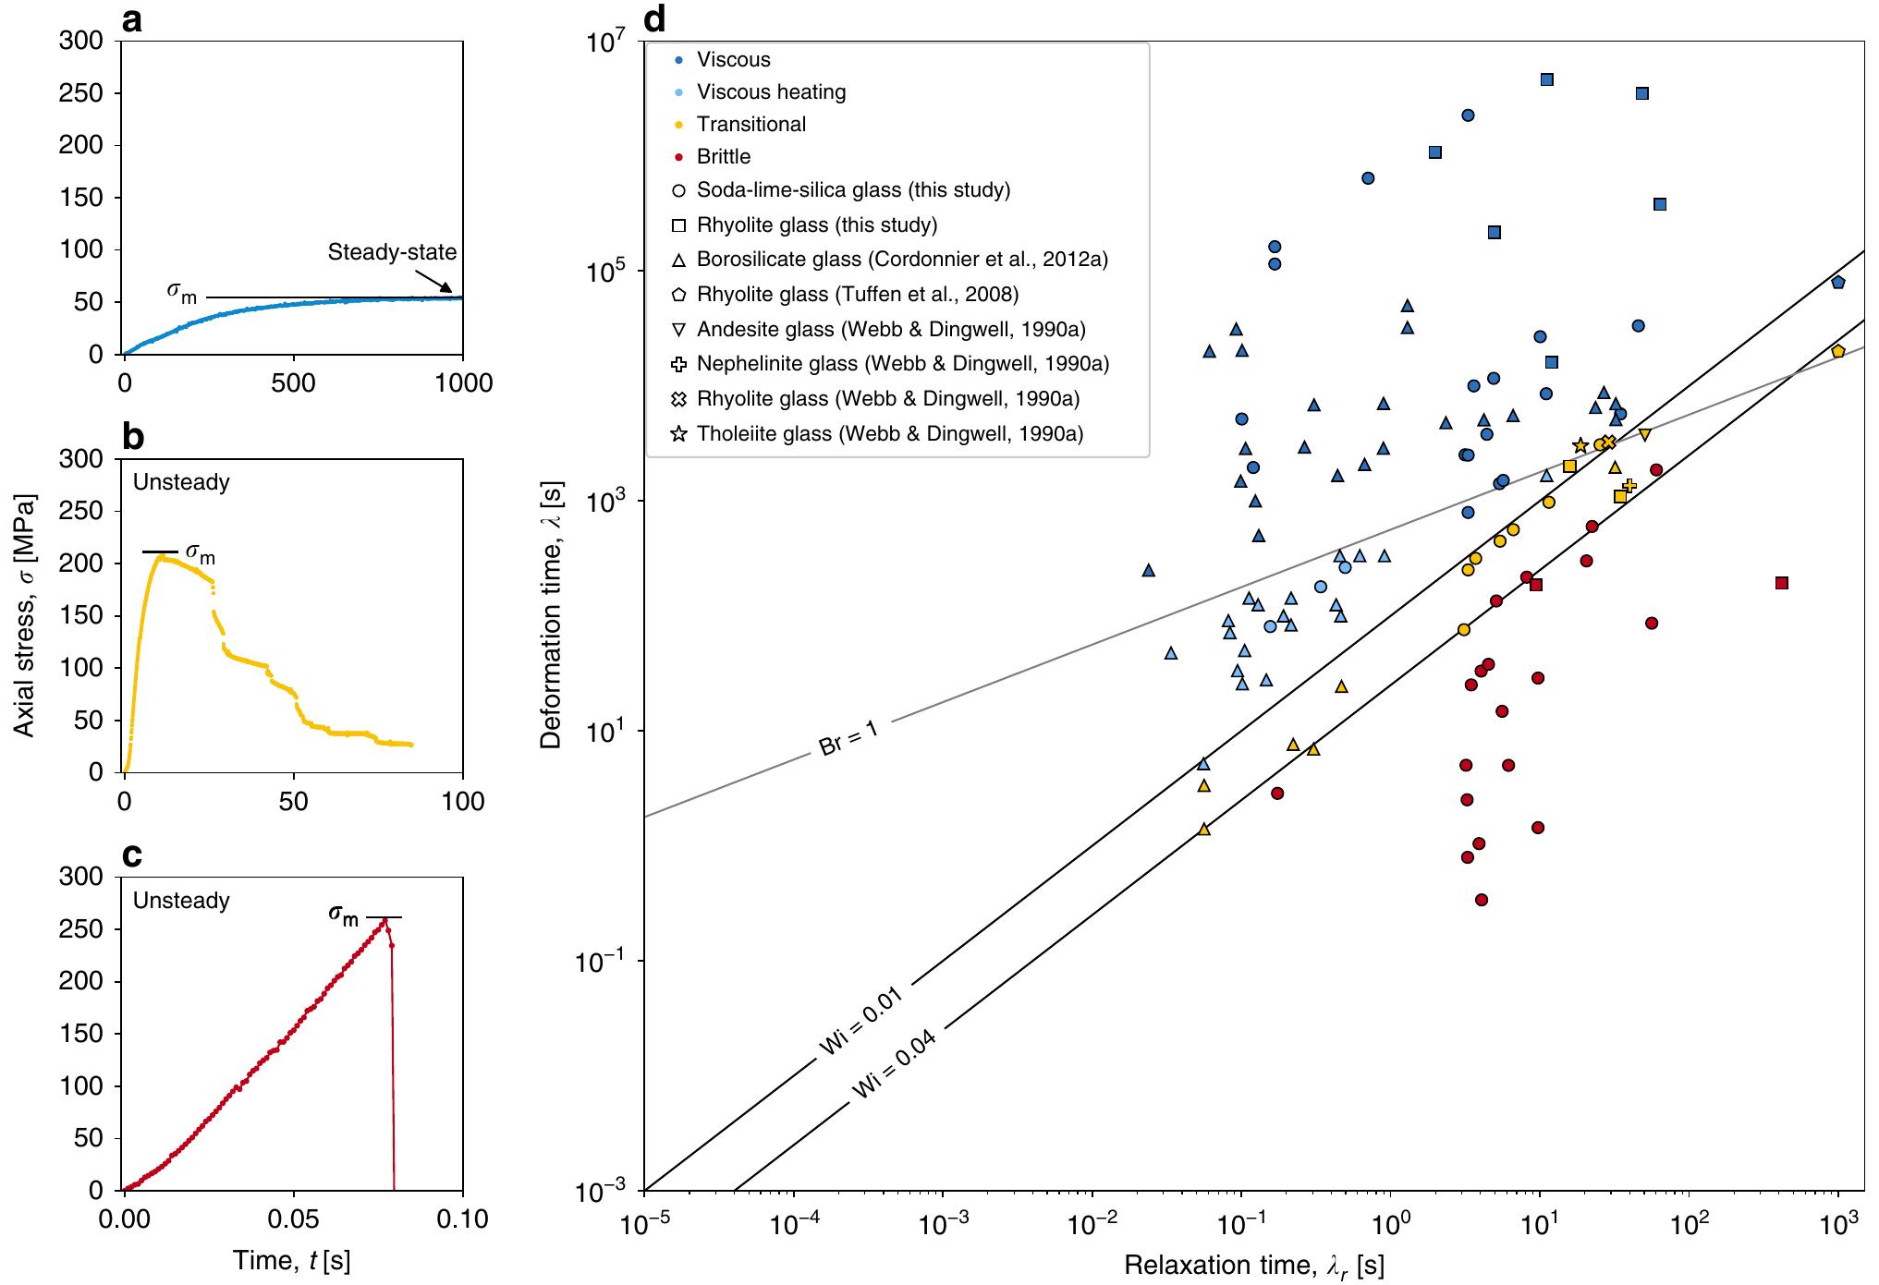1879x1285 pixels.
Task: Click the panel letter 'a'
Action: [132, 20]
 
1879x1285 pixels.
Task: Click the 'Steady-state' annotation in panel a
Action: [392, 252]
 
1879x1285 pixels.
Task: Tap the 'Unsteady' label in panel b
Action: [181, 481]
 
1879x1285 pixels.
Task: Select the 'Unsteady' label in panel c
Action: [181, 900]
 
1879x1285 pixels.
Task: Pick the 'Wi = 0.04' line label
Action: [894, 1064]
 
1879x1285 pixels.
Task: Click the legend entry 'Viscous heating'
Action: [771, 91]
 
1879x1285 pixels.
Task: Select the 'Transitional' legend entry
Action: [750, 124]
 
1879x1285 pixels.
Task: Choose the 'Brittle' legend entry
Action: [723, 156]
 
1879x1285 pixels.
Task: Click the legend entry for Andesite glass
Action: [890, 329]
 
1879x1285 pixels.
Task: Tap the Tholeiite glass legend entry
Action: [889, 433]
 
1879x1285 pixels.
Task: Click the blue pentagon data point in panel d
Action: [1837, 283]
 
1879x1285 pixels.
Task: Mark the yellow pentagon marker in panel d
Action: [1837, 351]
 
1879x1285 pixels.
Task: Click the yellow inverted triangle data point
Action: [1645, 434]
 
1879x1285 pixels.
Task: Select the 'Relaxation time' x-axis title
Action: [1253, 1265]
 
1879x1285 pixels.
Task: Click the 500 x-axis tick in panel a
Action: [294, 382]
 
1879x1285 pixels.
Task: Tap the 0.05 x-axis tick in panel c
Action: [294, 1218]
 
